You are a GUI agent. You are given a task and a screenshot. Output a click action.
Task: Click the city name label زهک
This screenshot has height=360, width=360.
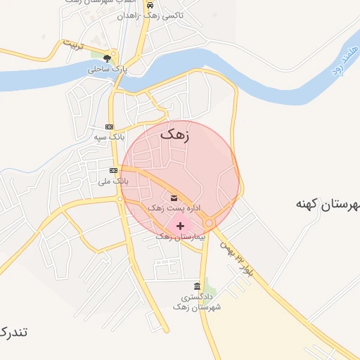pyautogui.click(x=175, y=134)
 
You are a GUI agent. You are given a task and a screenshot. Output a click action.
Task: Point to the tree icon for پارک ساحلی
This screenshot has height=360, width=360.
pyautogui.click(x=106, y=59)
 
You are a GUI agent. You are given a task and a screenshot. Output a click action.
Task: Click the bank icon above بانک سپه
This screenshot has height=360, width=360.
pyautogui.click(x=108, y=127)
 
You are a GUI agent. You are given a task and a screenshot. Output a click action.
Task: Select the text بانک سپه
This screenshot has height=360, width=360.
pyautogui.click(x=109, y=136)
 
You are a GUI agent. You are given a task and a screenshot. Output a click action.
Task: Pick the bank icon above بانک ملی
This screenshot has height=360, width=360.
pyautogui.click(x=112, y=171)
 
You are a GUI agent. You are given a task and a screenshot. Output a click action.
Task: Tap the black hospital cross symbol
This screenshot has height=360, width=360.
pyautogui.click(x=181, y=226)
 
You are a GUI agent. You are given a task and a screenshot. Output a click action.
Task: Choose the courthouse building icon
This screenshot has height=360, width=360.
pyautogui.click(x=196, y=286)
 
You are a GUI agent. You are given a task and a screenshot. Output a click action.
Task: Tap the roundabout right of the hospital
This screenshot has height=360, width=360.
pyautogui.click(x=210, y=223)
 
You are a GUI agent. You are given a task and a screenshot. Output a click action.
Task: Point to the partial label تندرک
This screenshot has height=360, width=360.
pyautogui.click(x=13, y=332)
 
